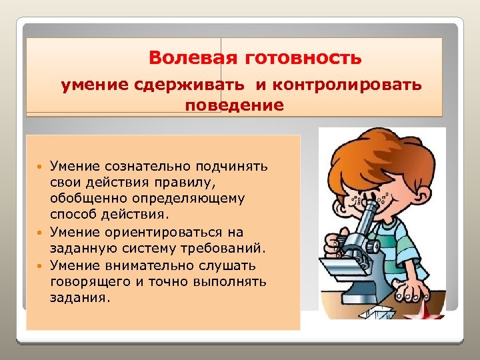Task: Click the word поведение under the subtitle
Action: click(234, 105)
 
